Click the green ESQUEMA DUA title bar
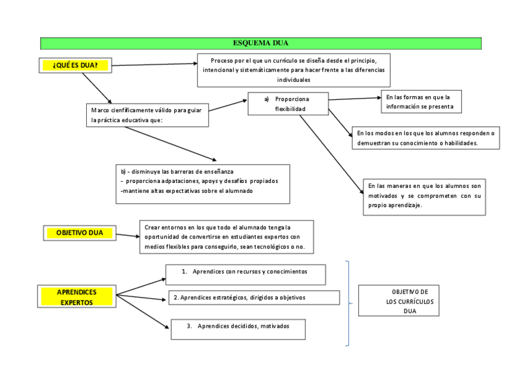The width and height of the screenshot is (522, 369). [260, 43]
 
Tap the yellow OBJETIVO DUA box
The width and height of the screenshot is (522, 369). [80, 233]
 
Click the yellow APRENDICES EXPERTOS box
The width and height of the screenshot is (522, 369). [77, 296]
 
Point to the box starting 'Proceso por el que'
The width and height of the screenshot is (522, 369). [294, 70]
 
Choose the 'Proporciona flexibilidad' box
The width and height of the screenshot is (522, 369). [287, 103]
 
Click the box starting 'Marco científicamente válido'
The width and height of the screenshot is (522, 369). [147, 115]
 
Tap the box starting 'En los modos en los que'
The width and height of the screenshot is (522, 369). [425, 137]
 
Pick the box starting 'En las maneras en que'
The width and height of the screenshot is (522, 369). [424, 197]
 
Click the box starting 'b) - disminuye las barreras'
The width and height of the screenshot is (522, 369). [203, 183]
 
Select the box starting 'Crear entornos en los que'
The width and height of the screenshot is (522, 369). [227, 237]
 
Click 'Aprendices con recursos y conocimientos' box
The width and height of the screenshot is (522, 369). [246, 274]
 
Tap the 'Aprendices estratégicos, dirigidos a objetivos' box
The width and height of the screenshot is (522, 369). [254, 298]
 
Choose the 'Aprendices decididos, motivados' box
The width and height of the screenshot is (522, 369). [238, 329]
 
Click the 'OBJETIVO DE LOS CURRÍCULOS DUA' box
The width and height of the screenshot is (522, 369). [398, 301]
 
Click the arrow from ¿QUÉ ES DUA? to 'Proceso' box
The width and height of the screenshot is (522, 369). [154, 64]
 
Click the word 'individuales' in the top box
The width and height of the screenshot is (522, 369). [294, 80]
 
